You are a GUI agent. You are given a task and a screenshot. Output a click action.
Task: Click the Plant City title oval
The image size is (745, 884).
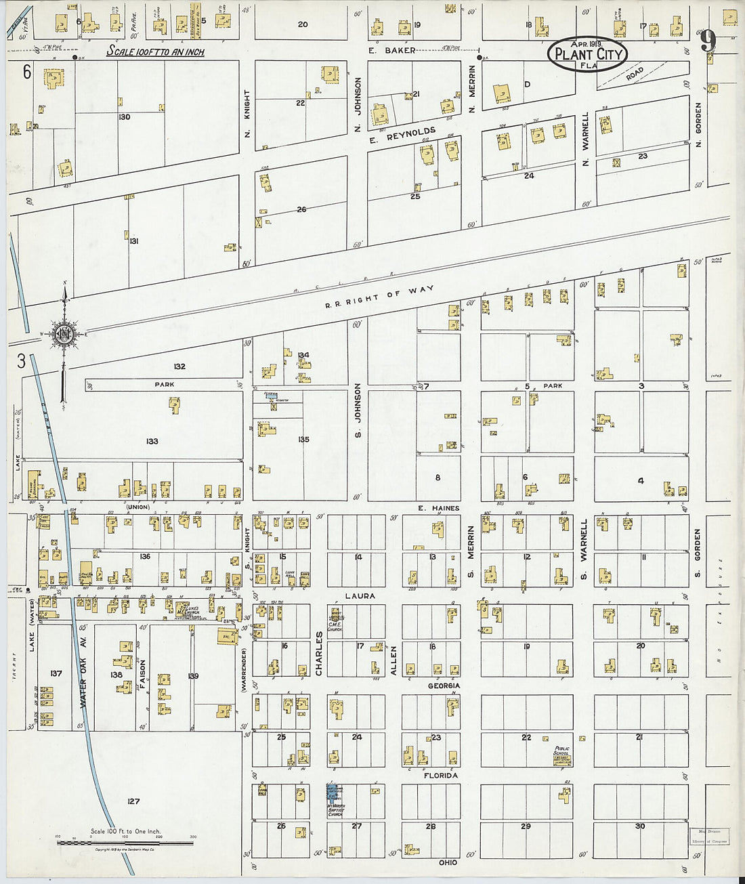[x=587, y=54]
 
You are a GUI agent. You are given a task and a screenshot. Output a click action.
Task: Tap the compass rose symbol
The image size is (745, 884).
[x=65, y=333]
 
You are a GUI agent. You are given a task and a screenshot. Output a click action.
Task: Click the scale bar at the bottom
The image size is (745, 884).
[x=125, y=843]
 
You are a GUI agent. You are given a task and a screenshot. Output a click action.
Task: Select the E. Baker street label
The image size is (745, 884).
[x=391, y=50]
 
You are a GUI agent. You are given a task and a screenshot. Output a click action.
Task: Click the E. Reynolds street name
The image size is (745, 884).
[x=403, y=135]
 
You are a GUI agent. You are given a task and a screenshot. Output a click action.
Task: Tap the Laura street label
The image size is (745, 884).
[x=360, y=596]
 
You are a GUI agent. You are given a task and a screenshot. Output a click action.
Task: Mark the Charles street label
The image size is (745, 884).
[x=318, y=654]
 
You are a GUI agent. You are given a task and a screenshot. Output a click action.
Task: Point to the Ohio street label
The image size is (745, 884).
[x=448, y=862]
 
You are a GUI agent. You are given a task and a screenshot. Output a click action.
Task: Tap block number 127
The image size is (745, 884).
[x=133, y=801]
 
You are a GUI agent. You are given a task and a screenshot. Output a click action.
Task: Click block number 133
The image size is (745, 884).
[x=152, y=441]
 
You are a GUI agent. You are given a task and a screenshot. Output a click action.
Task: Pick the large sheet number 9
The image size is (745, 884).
[x=708, y=42]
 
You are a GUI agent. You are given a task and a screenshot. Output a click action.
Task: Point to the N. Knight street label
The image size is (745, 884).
[x=247, y=114]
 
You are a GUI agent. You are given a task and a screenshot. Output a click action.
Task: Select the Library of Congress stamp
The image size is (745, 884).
[x=709, y=836]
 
